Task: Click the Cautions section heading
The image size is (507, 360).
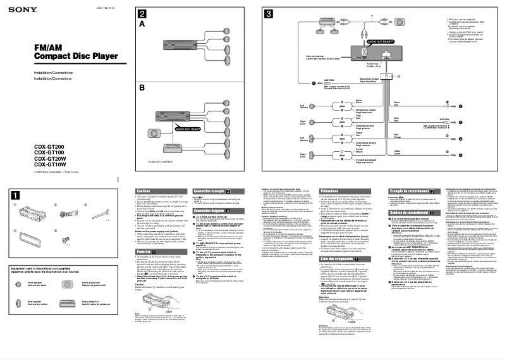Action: pyautogui.click(x=144, y=190)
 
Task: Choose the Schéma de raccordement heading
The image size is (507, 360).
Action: pyautogui.click(x=410, y=213)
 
